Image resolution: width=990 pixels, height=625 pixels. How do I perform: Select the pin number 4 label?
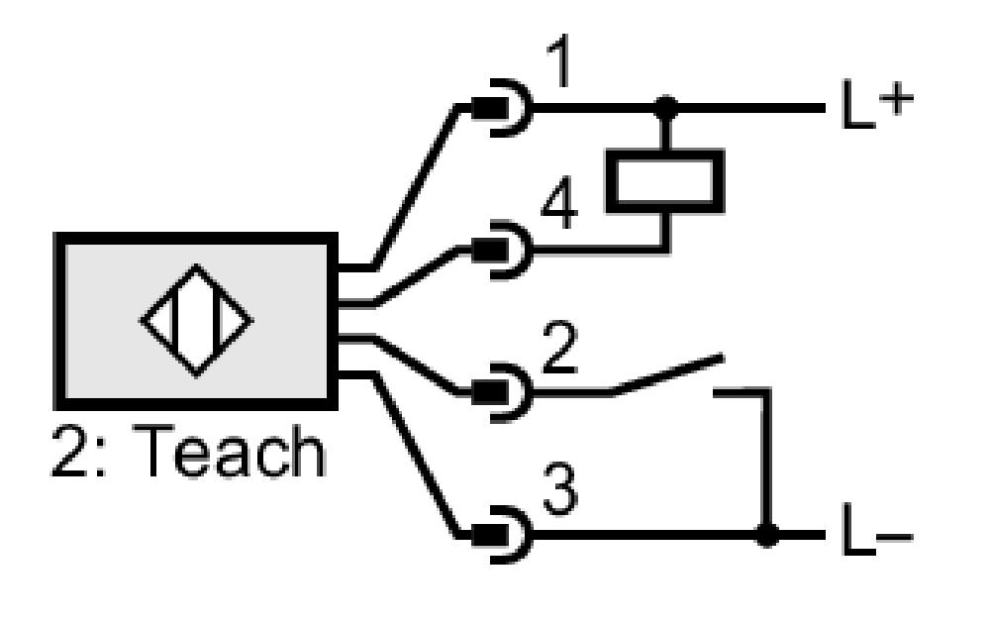(559, 203)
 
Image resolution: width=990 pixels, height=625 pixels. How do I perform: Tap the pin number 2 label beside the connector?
(560, 347)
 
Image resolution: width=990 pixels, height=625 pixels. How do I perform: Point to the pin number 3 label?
(560, 488)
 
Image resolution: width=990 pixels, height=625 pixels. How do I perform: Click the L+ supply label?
(878, 104)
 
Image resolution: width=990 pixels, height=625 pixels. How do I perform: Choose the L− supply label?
(878, 532)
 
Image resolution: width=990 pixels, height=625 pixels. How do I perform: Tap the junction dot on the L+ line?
(665, 108)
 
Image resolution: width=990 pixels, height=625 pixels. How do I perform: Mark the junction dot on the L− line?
(767, 535)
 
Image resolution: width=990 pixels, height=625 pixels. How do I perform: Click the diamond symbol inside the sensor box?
(196, 320)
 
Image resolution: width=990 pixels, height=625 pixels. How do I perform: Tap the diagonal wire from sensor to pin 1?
(416, 187)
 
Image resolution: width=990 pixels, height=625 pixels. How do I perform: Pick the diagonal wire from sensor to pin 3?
(416, 457)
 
